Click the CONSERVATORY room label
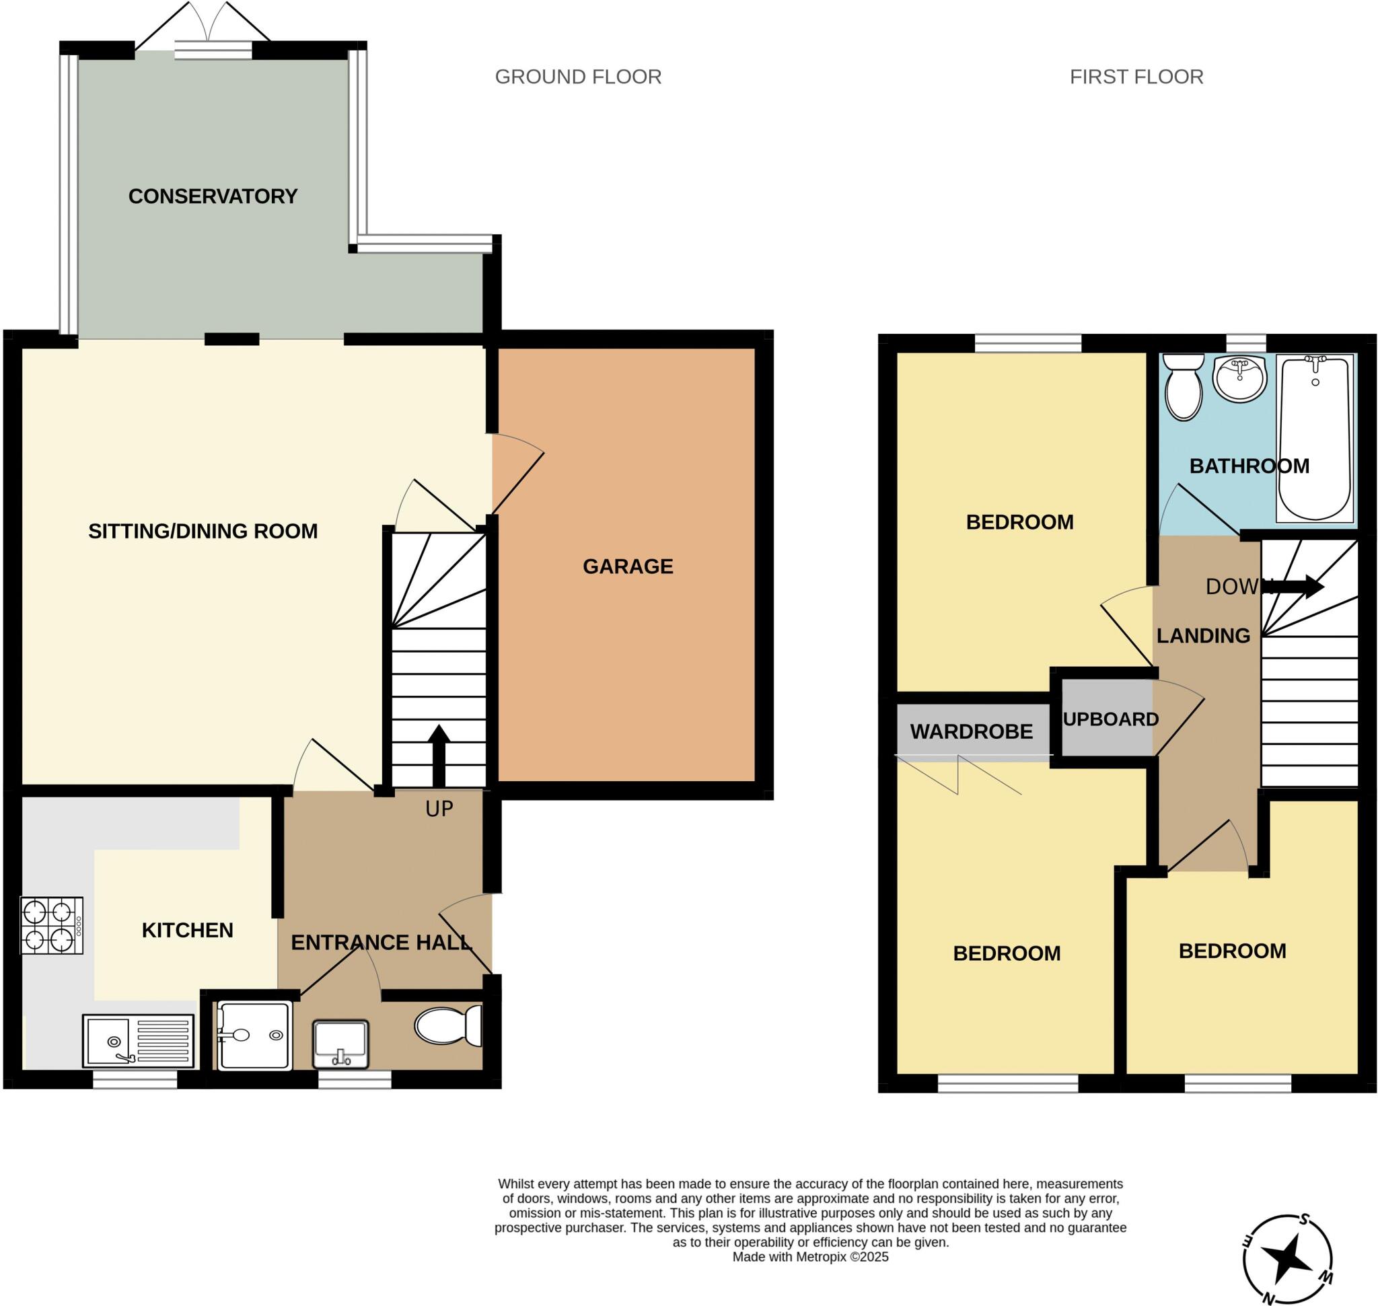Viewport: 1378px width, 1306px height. pos(213,196)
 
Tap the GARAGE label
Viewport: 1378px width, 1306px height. pos(627,566)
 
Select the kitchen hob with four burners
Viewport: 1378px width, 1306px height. pos(52,925)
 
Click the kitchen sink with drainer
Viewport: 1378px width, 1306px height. pos(138,1041)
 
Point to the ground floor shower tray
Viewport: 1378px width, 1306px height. pos(254,1036)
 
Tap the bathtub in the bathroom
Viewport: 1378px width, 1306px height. pos(1315,438)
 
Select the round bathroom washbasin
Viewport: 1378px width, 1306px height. pos(1239,379)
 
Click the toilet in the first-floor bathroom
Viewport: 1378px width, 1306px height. pos(1183,386)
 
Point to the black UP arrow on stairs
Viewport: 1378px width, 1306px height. pos(439,756)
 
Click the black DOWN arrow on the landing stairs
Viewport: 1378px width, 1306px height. pos(1299,586)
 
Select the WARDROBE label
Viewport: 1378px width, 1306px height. pos(972,731)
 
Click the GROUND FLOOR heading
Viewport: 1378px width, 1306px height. pos(578,77)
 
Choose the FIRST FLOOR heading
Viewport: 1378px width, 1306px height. pos(1136,77)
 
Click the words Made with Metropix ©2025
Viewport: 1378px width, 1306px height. pos(811,1257)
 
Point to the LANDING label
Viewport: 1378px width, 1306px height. pos(1202,636)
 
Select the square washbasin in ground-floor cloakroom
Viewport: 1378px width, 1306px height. pos(340,1044)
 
